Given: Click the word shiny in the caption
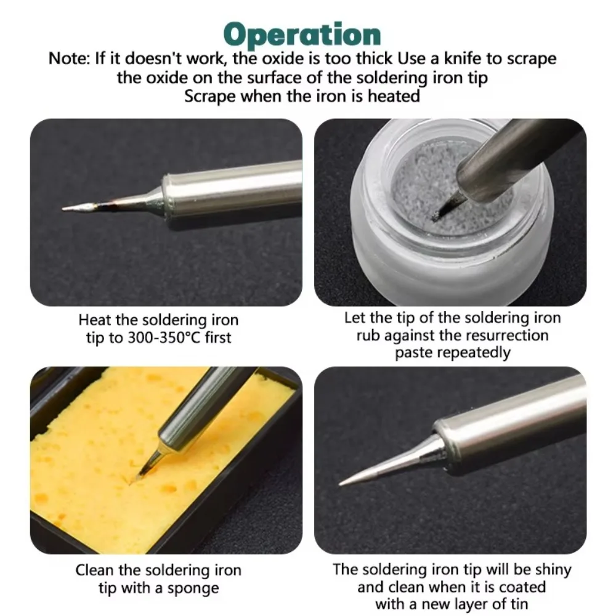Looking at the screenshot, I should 550,570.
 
